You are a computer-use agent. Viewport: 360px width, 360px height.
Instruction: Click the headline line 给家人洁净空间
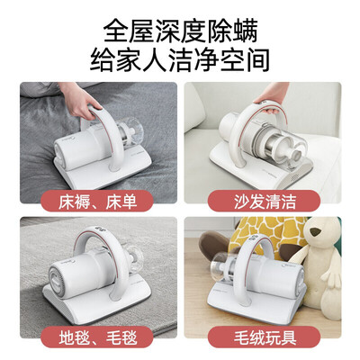[180, 61]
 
